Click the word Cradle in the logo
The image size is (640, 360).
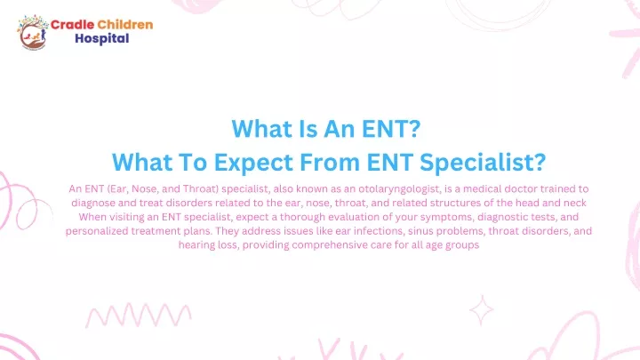[x=72, y=25]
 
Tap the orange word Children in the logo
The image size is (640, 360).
[x=125, y=25]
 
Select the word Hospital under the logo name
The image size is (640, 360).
[x=102, y=38]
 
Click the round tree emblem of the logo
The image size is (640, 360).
[x=32, y=32]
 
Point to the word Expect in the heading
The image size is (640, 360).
[x=253, y=162]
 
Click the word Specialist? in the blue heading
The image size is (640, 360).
[x=483, y=162]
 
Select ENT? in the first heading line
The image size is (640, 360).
[x=391, y=129]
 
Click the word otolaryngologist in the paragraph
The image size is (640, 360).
[x=399, y=189]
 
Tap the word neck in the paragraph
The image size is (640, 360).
[x=575, y=203]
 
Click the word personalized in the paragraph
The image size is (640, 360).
[x=97, y=231]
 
